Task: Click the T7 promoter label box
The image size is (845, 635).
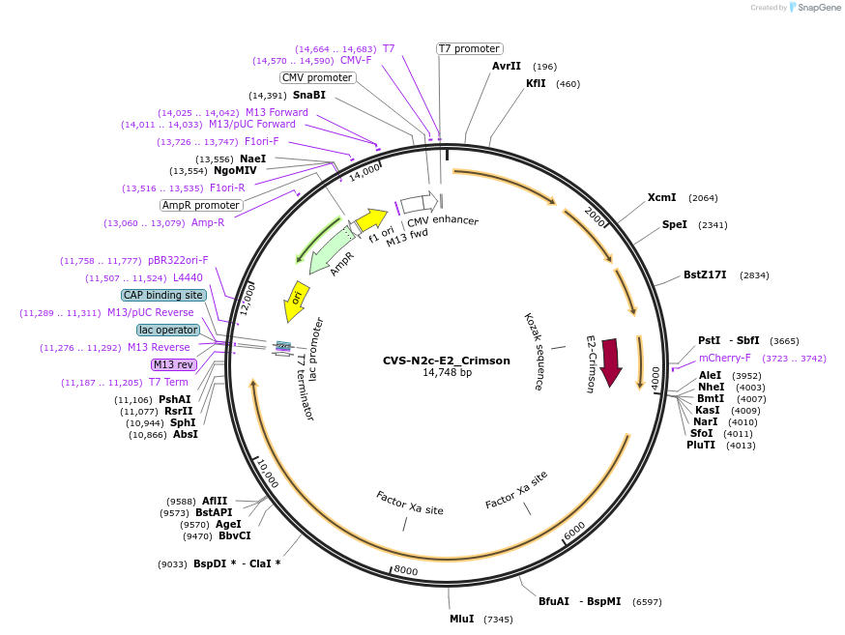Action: coord(469,48)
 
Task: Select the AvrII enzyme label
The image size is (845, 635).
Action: coord(507,66)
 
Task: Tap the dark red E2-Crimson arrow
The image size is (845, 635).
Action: coord(611,362)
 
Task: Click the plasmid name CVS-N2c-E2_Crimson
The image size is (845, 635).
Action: coord(446,361)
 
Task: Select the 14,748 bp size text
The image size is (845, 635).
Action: coord(447,373)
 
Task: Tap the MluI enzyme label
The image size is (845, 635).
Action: coord(461,619)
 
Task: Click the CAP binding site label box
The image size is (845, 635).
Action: coord(163,295)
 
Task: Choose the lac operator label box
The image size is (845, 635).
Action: coord(168,330)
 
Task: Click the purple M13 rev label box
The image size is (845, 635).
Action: coord(173,364)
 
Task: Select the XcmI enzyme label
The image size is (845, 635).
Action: coord(661,197)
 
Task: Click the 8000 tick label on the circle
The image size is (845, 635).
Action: coord(406,570)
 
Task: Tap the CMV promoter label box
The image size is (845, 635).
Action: coord(317,77)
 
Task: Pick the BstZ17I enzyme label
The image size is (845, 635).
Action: coord(707,274)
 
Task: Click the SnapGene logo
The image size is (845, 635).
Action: coord(814,8)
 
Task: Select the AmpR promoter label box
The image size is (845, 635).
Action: coord(200,205)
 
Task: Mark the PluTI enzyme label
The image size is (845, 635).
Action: coord(701,445)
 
